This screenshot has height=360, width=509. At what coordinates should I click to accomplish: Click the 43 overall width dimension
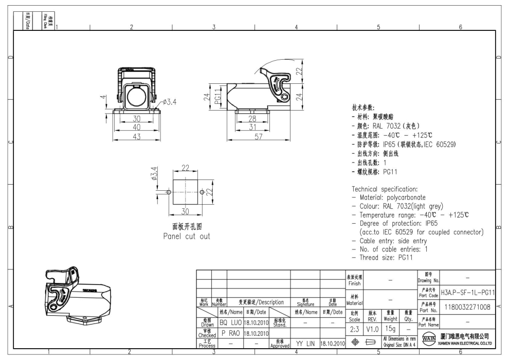(x=137, y=136)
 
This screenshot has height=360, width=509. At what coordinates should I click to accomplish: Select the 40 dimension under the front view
(x=137, y=127)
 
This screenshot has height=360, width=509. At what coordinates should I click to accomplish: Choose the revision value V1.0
(x=373, y=328)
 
